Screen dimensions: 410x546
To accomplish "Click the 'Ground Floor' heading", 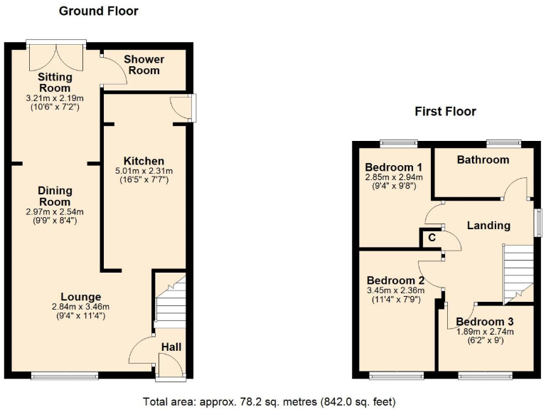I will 98,11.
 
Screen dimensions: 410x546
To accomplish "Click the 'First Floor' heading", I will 445,111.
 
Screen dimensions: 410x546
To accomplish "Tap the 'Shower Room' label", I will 144,65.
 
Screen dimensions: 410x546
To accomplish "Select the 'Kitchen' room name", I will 144,161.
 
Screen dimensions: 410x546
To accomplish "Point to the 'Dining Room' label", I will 54,196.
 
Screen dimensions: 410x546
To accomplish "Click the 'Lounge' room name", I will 80,297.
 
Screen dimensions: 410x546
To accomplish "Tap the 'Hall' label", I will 171,347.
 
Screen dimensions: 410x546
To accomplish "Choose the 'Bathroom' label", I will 483,159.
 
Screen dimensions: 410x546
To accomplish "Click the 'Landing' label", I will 488,225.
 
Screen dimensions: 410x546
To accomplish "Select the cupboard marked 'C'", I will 430,239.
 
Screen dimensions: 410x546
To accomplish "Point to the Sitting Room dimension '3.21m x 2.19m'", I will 55,98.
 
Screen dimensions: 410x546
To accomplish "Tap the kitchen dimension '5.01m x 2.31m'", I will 144,171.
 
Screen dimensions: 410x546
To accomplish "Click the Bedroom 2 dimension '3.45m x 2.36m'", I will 395,290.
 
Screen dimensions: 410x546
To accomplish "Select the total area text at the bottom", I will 269,401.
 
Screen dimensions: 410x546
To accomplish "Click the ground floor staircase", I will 170,303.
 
